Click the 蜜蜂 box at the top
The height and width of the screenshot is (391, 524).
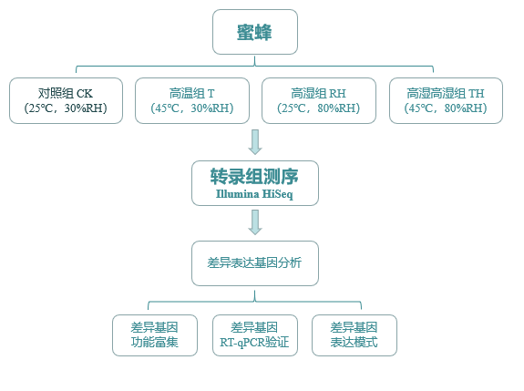(x=255, y=32)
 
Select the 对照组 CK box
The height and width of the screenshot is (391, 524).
(x=66, y=100)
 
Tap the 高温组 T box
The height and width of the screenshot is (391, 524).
(x=192, y=100)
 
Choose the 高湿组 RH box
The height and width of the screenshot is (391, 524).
(x=319, y=100)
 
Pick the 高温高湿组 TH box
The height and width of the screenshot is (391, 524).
(x=446, y=100)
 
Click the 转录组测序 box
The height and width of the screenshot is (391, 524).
(x=254, y=183)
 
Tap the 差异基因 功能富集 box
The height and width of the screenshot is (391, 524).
(x=154, y=335)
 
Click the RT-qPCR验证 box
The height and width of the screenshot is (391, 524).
(x=254, y=335)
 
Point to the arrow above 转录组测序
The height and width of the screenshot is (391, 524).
(x=255, y=142)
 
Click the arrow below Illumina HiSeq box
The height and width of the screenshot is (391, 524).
(x=255, y=222)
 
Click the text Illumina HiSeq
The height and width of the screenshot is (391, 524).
(x=254, y=194)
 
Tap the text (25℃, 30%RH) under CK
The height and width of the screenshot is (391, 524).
(x=66, y=108)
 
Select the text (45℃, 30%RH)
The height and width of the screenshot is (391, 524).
(x=192, y=108)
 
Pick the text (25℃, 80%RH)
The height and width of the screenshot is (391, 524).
(x=319, y=108)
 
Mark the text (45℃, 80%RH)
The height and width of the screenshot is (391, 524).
(x=446, y=108)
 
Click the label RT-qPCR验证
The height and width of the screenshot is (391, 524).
(x=254, y=344)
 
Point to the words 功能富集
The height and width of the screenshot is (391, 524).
(x=154, y=344)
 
